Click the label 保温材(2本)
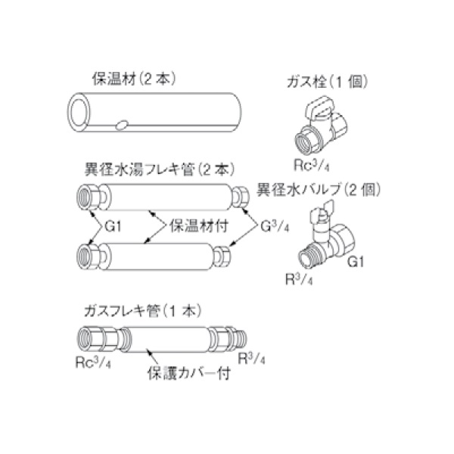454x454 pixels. pos(125,78)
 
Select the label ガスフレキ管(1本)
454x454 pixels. pos(144,310)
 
